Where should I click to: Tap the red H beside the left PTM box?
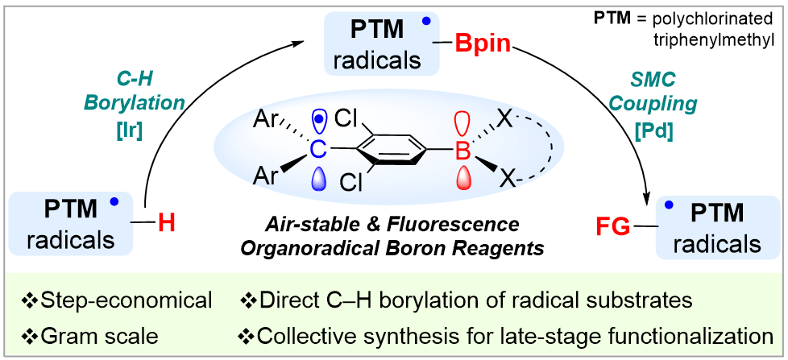pos(167,222)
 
